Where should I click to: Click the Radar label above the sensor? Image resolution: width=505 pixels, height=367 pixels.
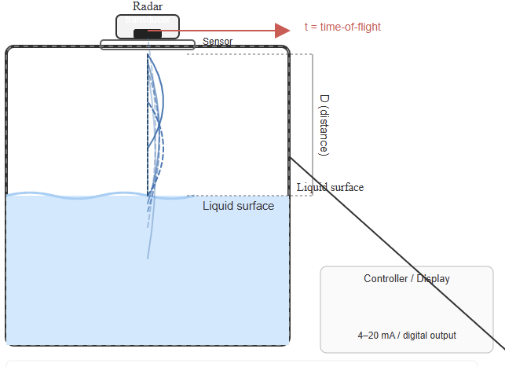click(148, 6)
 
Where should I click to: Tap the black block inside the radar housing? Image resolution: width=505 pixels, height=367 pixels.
click(147, 32)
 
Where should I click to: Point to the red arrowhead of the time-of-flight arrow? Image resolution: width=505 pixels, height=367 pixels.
click(283, 31)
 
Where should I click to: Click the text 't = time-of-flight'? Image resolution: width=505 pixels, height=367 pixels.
click(342, 27)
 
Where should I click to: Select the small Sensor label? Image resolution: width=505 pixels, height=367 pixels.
click(218, 42)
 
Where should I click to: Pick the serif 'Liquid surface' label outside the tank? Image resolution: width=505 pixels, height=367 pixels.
click(330, 187)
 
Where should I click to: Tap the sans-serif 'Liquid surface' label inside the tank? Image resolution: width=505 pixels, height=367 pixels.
click(238, 206)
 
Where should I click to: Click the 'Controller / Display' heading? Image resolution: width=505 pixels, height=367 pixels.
click(407, 279)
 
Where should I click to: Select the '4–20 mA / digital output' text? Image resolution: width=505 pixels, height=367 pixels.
click(407, 336)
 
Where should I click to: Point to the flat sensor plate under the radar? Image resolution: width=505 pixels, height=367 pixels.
click(147, 44)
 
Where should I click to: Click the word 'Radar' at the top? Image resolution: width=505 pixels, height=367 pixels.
click(148, 6)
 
